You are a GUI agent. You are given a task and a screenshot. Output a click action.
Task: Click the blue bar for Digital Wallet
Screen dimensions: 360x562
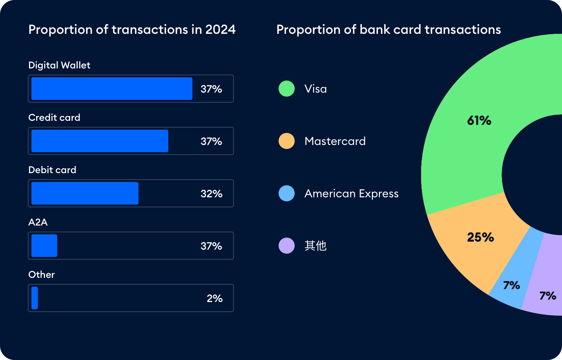point(112,89)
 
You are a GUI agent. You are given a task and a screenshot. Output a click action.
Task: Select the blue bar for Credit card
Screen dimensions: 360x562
point(99,141)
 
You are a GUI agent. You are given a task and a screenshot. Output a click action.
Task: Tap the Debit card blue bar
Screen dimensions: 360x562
point(85,193)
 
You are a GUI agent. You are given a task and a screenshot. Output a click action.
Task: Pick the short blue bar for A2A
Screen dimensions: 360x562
point(44,246)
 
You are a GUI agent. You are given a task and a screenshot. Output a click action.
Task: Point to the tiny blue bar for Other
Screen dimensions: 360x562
point(35,298)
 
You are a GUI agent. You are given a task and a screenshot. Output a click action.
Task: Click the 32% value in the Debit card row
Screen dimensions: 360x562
point(211,194)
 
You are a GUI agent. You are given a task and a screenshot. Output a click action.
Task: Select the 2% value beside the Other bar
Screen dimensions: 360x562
point(215,298)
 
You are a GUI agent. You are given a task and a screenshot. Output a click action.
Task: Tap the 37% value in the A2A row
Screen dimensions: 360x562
point(211,246)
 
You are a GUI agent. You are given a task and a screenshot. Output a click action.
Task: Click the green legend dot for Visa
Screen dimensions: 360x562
point(287,89)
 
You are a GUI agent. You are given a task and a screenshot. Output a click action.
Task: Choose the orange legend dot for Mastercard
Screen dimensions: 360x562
point(287,141)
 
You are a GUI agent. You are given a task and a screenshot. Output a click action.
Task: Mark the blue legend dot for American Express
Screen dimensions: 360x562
point(287,193)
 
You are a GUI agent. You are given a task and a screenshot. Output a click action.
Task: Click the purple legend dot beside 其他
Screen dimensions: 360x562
point(287,246)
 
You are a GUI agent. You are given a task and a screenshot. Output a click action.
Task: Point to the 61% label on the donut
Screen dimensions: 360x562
point(479,120)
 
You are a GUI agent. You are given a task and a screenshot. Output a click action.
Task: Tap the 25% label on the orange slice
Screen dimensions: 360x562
point(480,237)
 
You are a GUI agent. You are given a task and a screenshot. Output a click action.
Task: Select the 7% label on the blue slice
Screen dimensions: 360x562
point(511,286)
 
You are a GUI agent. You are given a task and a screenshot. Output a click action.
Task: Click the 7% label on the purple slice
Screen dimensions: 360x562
point(548,296)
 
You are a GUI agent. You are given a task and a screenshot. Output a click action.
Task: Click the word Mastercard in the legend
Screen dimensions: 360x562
point(335,141)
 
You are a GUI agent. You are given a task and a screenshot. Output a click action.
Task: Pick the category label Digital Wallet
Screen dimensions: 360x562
point(59,65)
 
